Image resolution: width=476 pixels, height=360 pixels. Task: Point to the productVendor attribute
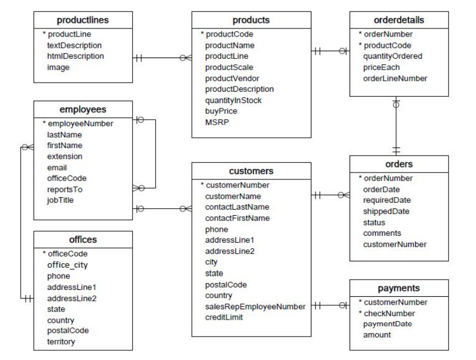[232, 78]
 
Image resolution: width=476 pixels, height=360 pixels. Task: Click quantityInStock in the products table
[233, 100]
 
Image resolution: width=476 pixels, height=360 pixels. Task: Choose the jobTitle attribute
[60, 200]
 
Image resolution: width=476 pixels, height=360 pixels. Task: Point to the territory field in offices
[62, 342]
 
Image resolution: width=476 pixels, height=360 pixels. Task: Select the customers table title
[252, 170]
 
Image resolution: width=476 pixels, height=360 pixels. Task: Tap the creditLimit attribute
[225, 317]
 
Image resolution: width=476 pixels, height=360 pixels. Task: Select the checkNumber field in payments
[389, 313]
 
